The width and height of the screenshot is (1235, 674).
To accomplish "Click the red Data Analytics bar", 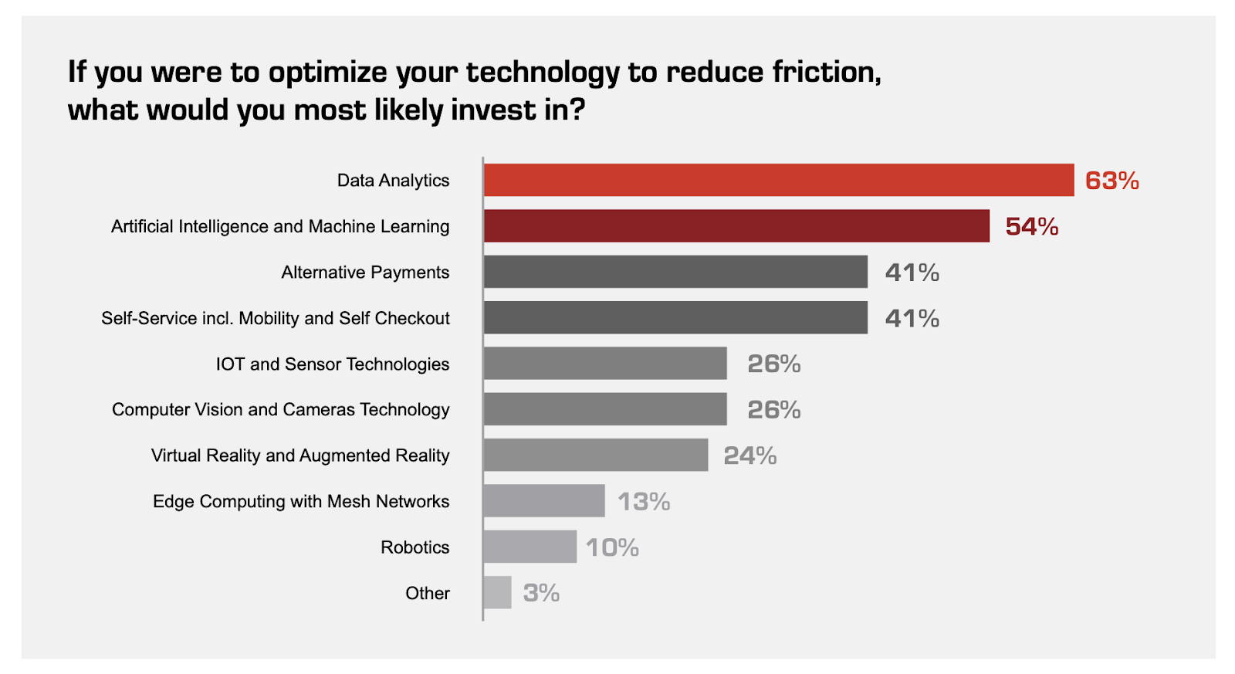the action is click(x=779, y=180).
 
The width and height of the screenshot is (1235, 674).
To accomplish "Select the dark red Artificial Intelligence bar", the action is click(x=736, y=225).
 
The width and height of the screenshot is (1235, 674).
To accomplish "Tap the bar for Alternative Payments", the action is click(x=676, y=271).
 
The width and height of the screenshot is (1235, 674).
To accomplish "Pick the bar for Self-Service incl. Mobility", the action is click(x=676, y=317).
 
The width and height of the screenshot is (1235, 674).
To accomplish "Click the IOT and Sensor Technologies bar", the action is click(x=605, y=363).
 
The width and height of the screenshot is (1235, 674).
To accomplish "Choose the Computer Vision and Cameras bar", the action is click(x=605, y=408).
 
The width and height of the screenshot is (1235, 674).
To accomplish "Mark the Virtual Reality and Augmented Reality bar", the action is click(x=596, y=455).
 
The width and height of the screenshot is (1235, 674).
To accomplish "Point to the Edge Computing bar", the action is click(x=544, y=501).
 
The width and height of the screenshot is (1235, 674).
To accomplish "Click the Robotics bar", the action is click(x=530, y=547).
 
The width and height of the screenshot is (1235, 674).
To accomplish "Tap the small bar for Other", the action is click(x=497, y=592).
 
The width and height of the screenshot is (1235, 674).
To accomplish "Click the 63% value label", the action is click(x=1112, y=181).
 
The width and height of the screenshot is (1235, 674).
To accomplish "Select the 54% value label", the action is click(x=1032, y=227).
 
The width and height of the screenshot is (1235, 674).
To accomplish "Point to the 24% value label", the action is click(x=749, y=456).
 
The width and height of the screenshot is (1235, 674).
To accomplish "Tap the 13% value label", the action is click(x=644, y=501).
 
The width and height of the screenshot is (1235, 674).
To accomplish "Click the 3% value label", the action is click(x=541, y=593).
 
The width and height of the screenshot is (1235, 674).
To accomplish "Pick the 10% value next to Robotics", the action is click(x=612, y=547).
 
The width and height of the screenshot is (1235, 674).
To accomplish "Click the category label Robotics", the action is click(x=415, y=547).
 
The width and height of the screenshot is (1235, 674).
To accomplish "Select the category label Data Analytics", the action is click(x=393, y=181).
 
